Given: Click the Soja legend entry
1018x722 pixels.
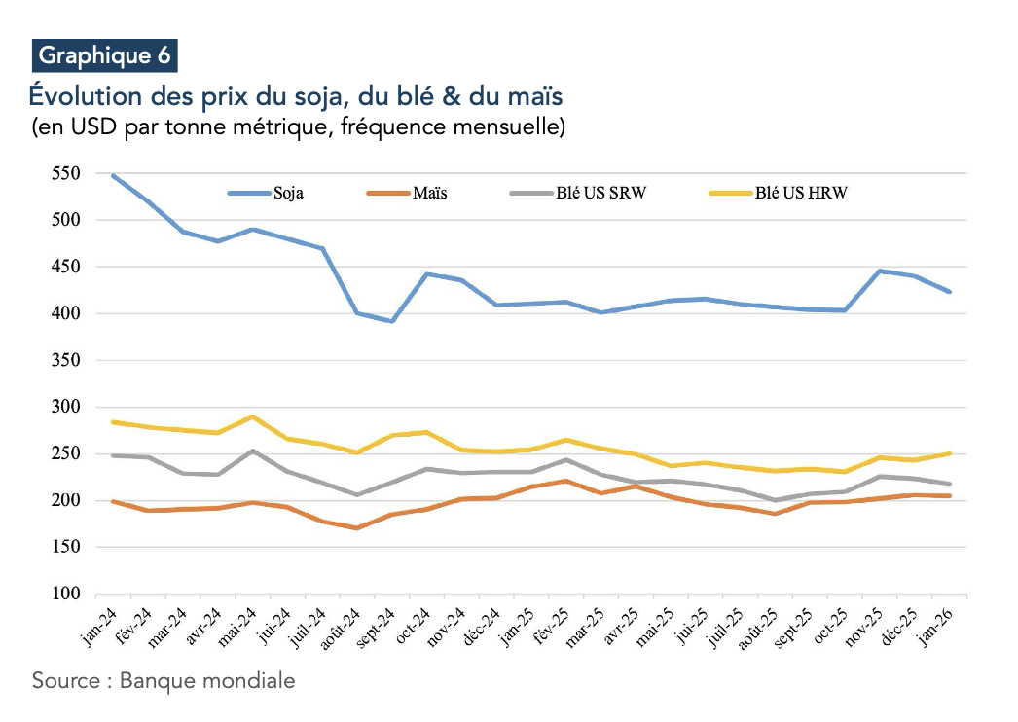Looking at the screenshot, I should [x=287, y=193].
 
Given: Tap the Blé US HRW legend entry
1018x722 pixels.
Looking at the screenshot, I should [x=801, y=193].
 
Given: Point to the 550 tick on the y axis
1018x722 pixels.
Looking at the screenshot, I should [x=65, y=174].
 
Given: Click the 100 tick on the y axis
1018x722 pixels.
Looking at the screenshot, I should [x=65, y=594].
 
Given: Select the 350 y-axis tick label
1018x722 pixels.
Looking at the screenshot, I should [x=65, y=360].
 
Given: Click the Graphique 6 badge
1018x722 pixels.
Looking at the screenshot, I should [x=104, y=55].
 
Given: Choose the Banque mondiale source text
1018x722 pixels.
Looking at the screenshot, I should [x=207, y=680].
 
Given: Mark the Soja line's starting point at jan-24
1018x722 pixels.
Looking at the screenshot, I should [x=114, y=176].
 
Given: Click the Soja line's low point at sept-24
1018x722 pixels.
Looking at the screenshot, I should [x=391, y=321].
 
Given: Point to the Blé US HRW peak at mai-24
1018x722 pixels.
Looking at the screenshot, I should [x=253, y=417].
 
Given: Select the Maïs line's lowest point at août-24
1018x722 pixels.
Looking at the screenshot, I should [x=357, y=528].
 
